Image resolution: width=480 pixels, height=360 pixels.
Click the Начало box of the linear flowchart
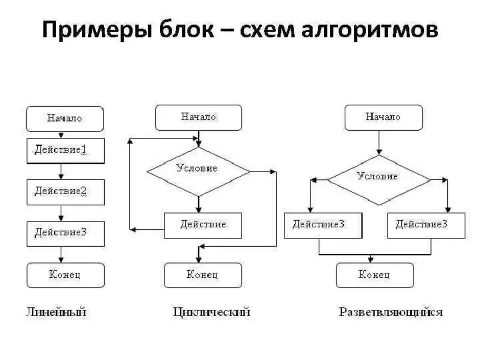pyautogui.click(x=65, y=118)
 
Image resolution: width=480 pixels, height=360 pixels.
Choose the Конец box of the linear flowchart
pyautogui.click(x=65, y=275)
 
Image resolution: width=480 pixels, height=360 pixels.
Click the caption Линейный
pyautogui.click(x=56, y=311)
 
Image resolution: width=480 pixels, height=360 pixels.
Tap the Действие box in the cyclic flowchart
pyautogui.click(x=203, y=225)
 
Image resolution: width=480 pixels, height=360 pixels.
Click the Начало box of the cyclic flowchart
pyautogui.click(x=198, y=117)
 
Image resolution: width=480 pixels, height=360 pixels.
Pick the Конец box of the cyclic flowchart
pyautogui.click(x=202, y=275)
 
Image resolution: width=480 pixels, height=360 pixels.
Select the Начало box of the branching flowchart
pyautogui.click(x=383, y=117)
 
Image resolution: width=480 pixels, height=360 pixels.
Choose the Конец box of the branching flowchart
pyautogui.click(x=374, y=275)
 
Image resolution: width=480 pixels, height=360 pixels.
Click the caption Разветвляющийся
pyautogui.click(x=391, y=312)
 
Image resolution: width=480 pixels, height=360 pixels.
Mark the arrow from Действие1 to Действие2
pyautogui.click(x=61, y=171)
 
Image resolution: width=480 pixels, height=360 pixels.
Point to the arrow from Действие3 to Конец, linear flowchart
pyautogui.click(x=61, y=254)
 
